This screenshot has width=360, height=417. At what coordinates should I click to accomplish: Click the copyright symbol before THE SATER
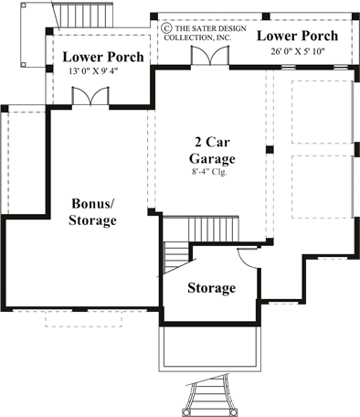[x=167, y=28]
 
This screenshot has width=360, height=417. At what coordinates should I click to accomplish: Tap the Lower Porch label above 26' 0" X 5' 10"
[x=297, y=36]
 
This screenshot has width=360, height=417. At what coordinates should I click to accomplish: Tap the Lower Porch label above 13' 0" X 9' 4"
[x=102, y=57]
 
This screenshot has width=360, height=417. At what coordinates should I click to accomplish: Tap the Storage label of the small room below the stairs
[x=211, y=288]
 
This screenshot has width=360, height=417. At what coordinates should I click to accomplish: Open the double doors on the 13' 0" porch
[x=89, y=97]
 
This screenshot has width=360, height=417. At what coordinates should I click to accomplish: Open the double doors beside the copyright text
[x=206, y=55]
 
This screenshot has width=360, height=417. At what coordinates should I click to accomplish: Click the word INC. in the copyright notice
[x=225, y=37]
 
